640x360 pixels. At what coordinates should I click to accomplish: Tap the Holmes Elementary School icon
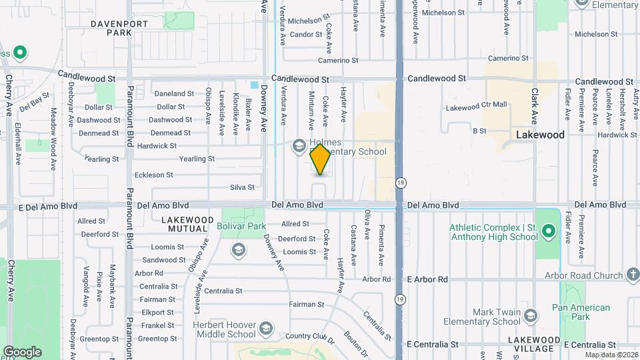tap(299, 145)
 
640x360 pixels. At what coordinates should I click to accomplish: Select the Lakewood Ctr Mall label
tap(476, 106)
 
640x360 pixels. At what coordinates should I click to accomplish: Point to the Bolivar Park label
tap(241, 227)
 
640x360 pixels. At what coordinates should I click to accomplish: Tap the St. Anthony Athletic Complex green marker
tap(549, 232)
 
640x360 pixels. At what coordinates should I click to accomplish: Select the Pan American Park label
tap(581, 312)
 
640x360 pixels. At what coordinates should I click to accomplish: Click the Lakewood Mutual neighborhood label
tap(187, 224)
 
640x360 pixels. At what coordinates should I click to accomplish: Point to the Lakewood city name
tap(540, 135)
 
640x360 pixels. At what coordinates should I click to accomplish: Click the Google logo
tap(21, 352)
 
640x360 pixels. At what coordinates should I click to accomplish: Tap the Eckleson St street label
tap(154, 175)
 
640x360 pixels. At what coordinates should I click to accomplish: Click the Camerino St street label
tap(343, 60)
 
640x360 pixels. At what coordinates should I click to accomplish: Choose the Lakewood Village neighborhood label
tap(533, 344)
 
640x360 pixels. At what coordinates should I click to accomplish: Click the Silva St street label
tap(242, 187)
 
